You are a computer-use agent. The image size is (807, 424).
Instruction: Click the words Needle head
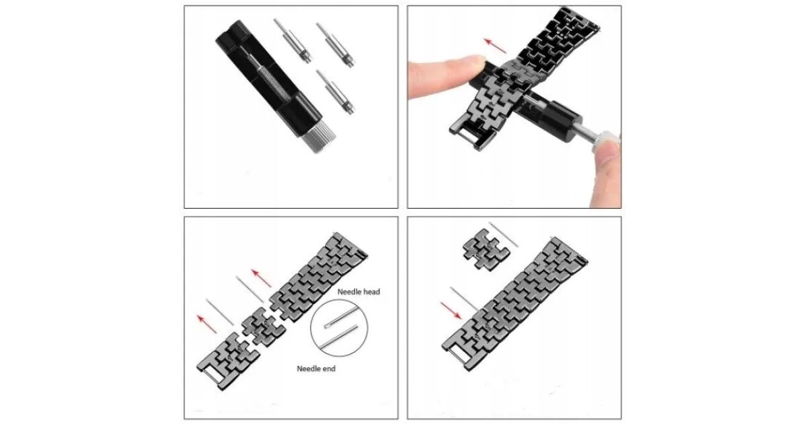[358, 291]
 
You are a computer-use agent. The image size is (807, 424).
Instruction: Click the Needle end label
[316, 369]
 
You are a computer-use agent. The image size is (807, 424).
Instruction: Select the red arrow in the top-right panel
[495, 46]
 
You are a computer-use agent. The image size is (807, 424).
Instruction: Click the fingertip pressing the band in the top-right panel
[447, 75]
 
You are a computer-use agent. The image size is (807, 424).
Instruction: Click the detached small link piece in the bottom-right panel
[486, 249]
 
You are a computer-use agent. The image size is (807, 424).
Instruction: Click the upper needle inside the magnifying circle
[340, 317]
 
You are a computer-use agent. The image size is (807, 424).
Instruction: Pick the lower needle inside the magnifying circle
[339, 336]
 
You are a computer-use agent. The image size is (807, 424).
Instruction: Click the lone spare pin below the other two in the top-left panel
[336, 92]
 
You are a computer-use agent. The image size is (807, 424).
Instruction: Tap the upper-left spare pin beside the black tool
[293, 41]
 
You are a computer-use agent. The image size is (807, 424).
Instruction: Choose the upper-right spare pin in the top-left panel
[336, 44]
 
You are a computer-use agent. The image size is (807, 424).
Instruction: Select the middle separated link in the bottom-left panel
[264, 326]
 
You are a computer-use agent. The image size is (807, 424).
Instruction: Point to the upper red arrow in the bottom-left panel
[262, 278]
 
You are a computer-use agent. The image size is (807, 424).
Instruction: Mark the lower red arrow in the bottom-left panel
[207, 324]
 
